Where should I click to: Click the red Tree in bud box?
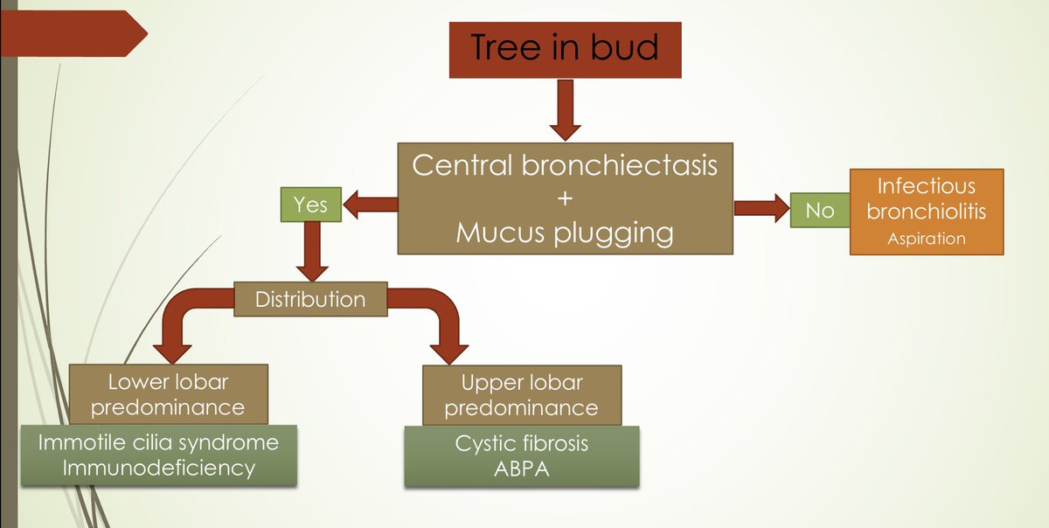click(566, 50)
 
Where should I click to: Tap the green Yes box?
click(311, 205)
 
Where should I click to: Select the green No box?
click(820, 211)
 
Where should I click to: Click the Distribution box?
click(310, 299)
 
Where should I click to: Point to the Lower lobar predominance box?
click(169, 394)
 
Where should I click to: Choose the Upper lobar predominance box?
click(522, 395)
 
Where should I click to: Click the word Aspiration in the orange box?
click(927, 239)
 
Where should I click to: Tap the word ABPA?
click(522, 469)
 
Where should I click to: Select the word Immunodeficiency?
click(159, 469)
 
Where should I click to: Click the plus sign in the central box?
click(566, 198)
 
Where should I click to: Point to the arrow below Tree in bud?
click(566, 110)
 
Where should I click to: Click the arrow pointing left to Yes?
click(371, 205)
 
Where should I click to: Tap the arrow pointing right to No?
click(762, 208)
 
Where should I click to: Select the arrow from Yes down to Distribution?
click(312, 252)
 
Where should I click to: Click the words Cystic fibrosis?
click(522, 444)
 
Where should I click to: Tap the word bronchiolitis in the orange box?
click(927, 212)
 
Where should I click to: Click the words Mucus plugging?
click(566, 233)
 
